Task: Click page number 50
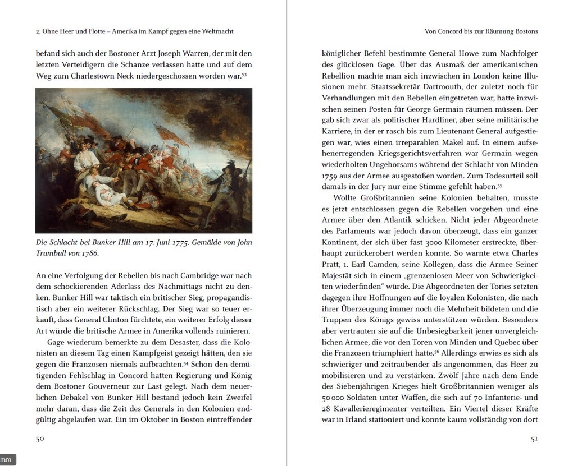pos(39,439)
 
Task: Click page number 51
pos(534,439)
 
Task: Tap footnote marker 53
pos(244,73)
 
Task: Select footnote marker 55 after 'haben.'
pos(500,185)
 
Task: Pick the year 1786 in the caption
pos(90,253)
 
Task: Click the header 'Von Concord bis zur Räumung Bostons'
pos(481,31)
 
